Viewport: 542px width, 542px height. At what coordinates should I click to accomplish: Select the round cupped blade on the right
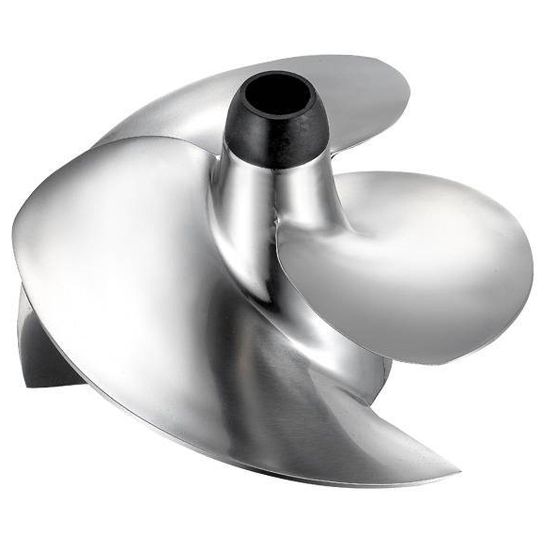(406, 257)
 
